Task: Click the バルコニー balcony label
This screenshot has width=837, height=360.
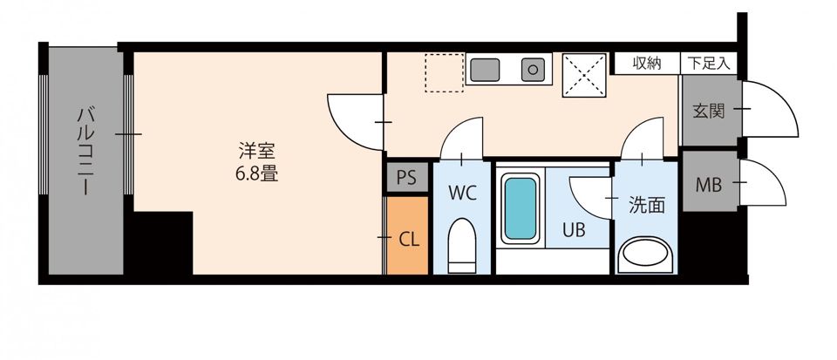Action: point(85,151)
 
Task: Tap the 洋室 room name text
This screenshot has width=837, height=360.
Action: point(255,151)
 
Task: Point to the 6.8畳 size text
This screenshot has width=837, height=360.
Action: point(255,173)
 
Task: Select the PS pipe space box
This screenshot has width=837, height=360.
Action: point(406,178)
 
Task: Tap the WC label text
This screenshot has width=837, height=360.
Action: point(462,194)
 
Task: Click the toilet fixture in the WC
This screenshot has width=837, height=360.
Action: point(461,246)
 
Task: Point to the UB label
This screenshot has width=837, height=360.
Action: point(574,231)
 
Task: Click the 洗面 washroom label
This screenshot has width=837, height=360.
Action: point(647,206)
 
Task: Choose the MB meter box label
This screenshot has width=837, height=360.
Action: point(708,184)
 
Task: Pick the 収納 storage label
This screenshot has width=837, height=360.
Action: point(647,63)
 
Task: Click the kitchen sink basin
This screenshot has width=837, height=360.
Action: point(485,68)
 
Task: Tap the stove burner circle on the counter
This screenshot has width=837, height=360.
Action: point(531,68)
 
